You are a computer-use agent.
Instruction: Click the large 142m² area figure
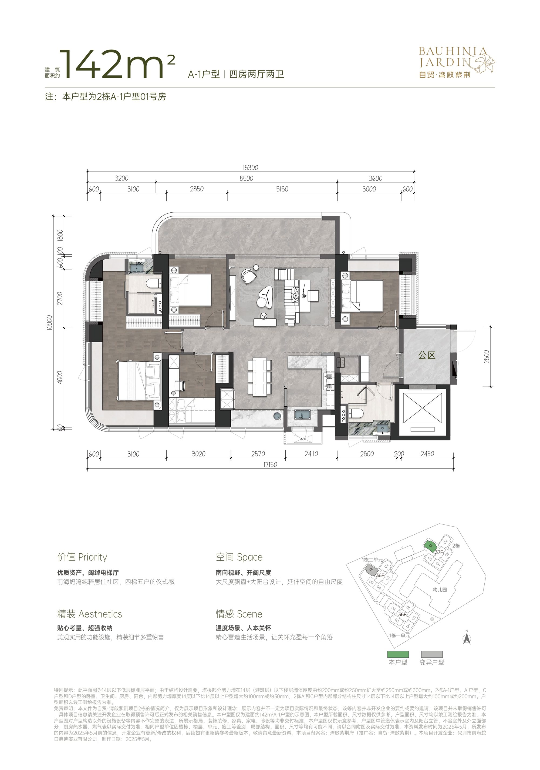coord(118,64)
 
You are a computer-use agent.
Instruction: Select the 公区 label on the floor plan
coord(427,355)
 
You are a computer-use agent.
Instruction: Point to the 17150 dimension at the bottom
coord(270,464)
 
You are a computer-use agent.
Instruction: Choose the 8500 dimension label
coord(246,178)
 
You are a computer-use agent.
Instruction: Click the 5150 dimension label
coord(282,189)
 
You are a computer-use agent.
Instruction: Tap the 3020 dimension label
coord(198,454)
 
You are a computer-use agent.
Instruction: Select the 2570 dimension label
coord(258,454)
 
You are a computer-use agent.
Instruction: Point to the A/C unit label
coord(303,439)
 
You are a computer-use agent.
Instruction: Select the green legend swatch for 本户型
coord(398,654)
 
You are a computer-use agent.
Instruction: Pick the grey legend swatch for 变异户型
coord(432,654)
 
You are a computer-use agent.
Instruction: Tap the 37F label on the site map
coord(439,552)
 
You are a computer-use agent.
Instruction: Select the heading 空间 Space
coord(239,557)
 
